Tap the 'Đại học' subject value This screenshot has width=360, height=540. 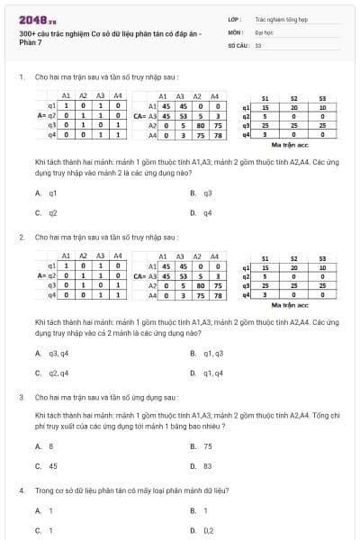pos(263,31)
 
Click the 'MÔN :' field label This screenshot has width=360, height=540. pos(234,31)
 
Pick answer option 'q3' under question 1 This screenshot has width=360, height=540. pos(207,193)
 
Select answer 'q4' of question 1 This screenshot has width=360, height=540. pos(207,213)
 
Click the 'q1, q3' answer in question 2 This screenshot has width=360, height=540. pos(212,353)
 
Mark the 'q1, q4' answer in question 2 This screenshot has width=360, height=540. pos(212,373)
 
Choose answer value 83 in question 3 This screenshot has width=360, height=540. pos(208,466)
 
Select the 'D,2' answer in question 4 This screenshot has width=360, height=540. pos(208,531)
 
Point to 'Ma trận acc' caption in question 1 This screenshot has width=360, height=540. pos(290,145)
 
